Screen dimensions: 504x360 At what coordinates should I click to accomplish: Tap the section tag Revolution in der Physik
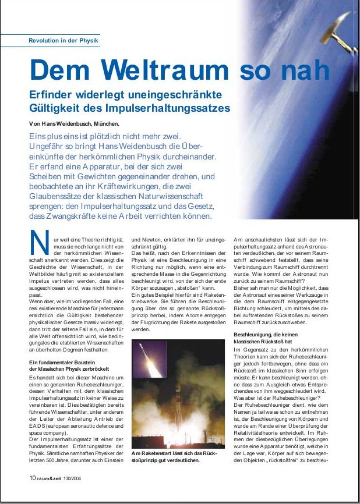click(x=63, y=40)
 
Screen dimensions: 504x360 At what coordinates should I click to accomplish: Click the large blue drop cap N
click(x=38, y=243)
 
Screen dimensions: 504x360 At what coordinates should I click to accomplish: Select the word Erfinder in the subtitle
click(x=53, y=95)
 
